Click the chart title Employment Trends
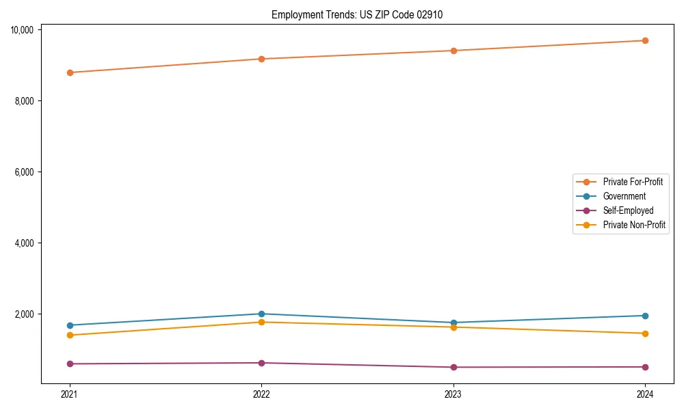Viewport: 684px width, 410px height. (x=357, y=14)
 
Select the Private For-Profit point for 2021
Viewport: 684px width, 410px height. (x=70, y=72)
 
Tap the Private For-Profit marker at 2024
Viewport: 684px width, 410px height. (x=645, y=40)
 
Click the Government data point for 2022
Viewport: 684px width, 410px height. (x=261, y=314)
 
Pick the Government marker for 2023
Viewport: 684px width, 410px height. (x=453, y=323)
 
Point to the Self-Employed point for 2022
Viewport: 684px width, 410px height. (x=261, y=363)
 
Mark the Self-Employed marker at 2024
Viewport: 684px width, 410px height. (x=645, y=367)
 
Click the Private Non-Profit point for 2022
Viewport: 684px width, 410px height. (x=261, y=322)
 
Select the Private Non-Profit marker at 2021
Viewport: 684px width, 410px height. (x=70, y=335)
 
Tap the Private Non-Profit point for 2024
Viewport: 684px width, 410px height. (x=645, y=333)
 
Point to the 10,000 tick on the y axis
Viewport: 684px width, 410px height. (x=23, y=29)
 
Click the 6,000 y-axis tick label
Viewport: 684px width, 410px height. (x=25, y=172)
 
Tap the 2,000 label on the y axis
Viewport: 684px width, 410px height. (x=25, y=314)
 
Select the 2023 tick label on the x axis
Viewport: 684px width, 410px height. (x=453, y=394)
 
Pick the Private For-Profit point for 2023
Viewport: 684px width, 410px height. (x=453, y=51)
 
